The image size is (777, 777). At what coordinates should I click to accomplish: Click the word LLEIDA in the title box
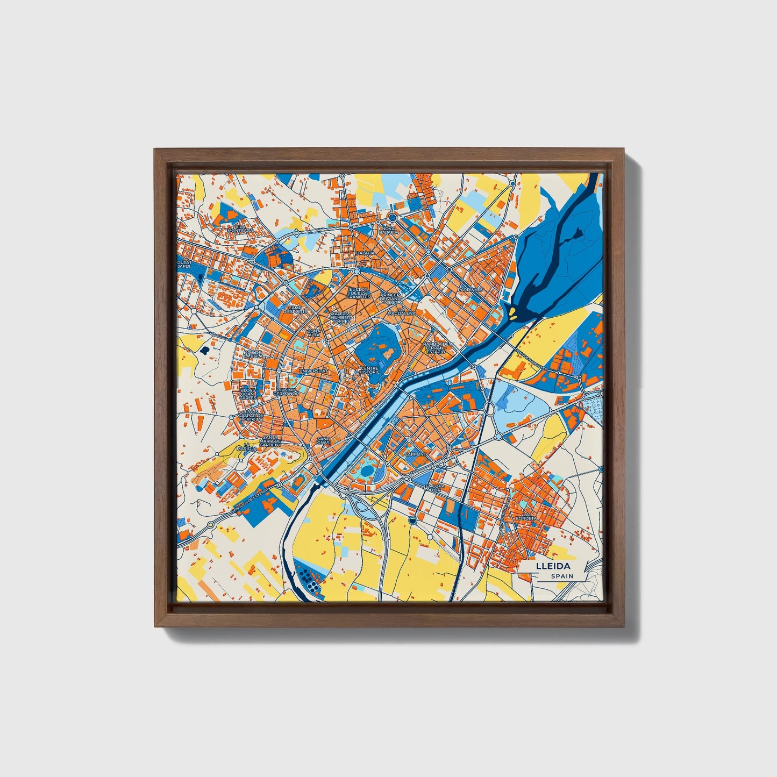coord(552,567)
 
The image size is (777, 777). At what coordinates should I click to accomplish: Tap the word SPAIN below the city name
coord(561,576)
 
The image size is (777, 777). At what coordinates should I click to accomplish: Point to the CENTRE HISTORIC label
coord(370,370)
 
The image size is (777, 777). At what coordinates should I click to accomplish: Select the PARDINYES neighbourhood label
coord(471,289)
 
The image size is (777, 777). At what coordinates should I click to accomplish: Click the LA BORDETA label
coord(525,518)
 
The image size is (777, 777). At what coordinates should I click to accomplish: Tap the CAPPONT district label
coord(415,454)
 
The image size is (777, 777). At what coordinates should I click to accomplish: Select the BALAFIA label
coord(366,253)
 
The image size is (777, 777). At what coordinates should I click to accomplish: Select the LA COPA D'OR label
coord(435,488)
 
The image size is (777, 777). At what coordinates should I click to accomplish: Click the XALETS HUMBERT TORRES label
coord(342,317)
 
